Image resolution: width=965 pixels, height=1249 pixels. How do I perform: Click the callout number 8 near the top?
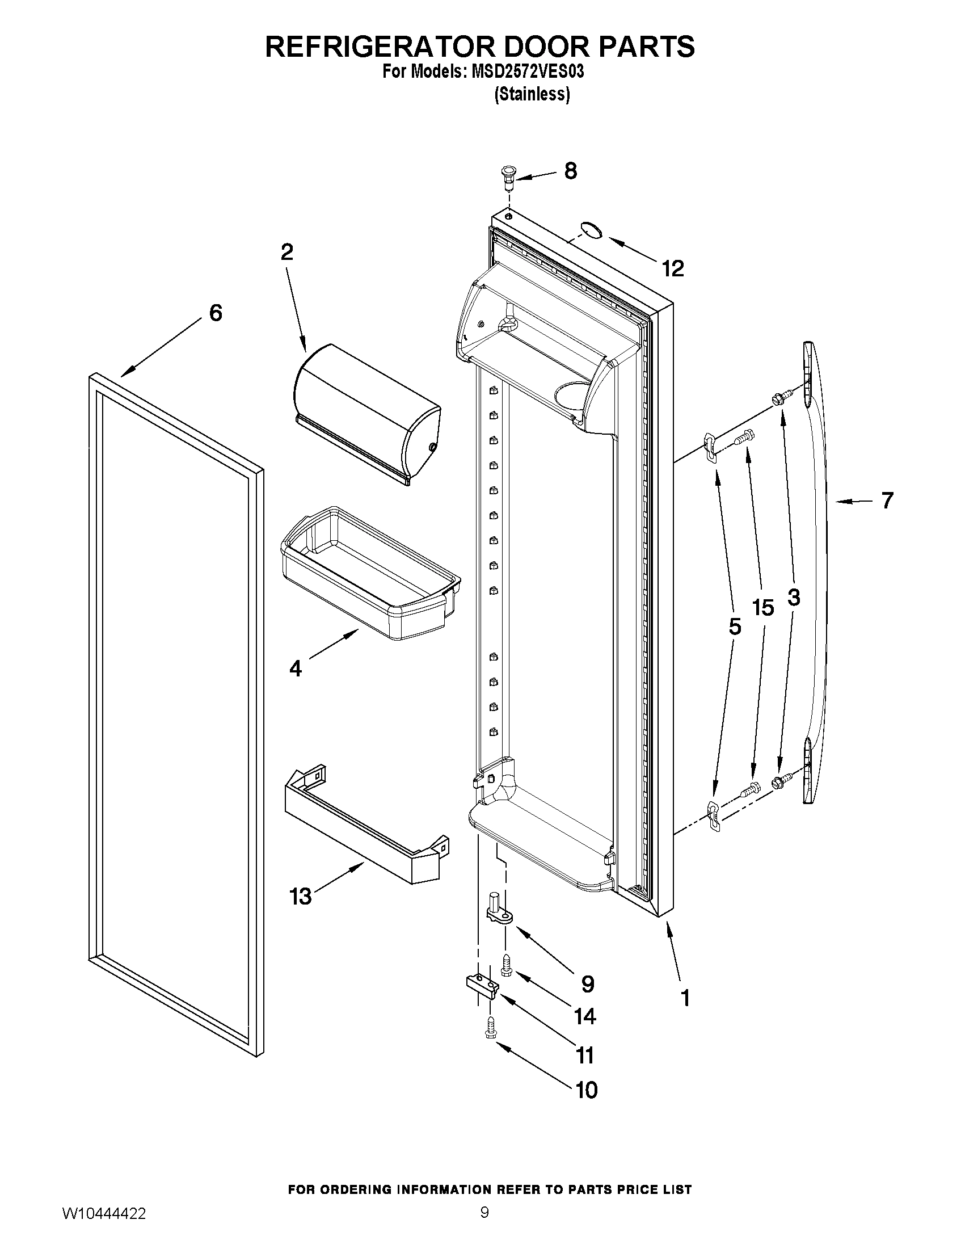(570, 170)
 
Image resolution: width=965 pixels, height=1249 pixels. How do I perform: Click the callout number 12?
(673, 268)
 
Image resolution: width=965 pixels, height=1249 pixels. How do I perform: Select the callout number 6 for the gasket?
(216, 313)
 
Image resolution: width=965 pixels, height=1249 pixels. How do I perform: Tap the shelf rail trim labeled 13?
(366, 824)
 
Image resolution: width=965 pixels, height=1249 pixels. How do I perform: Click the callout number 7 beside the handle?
(887, 501)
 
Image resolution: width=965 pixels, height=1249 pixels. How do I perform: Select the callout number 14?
(585, 1016)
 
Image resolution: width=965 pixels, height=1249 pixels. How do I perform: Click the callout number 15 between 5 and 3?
(763, 608)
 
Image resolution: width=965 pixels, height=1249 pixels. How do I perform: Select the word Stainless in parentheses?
(532, 94)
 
